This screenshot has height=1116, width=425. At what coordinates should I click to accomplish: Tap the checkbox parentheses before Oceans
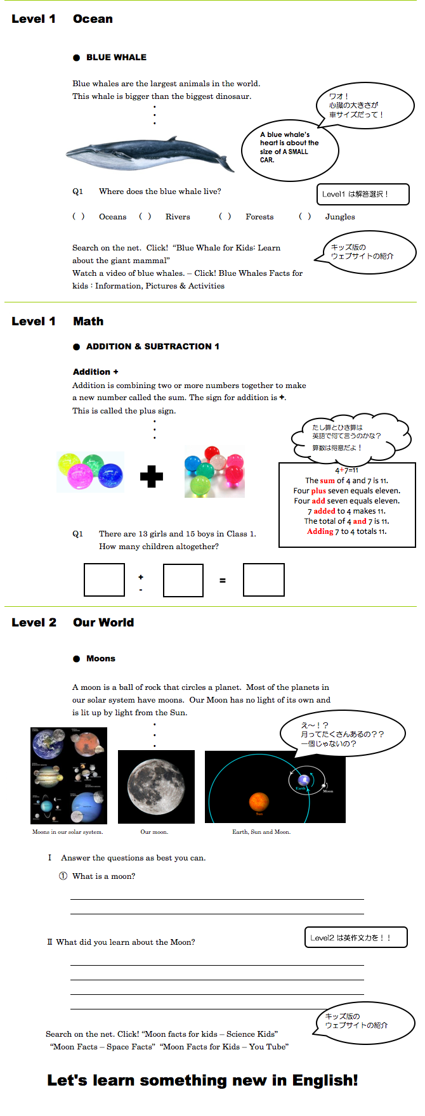79,217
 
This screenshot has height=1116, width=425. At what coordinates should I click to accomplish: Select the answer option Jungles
340,217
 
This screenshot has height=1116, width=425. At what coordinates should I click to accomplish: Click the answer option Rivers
178,217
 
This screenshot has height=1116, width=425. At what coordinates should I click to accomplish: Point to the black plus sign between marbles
152,476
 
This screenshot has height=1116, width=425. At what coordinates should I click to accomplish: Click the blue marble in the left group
110,474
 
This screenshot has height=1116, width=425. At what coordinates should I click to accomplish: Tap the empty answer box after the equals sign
263,580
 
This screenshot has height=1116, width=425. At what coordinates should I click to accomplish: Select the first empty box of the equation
104,580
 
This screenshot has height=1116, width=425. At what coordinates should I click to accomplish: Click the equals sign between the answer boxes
223,580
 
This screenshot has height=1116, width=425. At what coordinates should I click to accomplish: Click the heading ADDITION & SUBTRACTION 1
152,346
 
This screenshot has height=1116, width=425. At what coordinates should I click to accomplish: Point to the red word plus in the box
318,491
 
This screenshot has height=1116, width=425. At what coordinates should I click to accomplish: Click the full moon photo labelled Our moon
156,787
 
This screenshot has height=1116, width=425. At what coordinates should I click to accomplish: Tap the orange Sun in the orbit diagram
259,801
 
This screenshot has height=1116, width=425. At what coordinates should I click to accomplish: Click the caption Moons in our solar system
67,832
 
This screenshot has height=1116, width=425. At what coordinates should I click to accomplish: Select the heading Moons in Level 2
101,659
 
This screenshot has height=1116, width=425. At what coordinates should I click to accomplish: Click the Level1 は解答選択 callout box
363,194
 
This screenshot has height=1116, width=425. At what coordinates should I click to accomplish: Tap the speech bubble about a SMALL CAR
289,148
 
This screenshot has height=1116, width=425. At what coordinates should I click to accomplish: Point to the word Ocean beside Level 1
93,19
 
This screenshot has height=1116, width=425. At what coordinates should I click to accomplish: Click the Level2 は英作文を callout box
356,937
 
